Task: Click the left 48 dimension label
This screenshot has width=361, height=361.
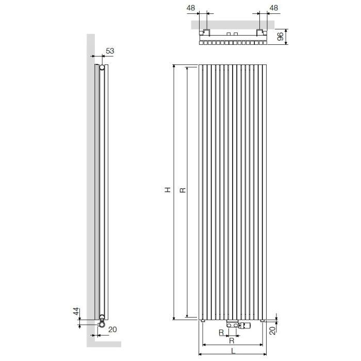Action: click(191, 8)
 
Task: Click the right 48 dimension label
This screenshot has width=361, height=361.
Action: click(273, 8)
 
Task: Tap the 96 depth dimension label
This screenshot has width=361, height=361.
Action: click(281, 37)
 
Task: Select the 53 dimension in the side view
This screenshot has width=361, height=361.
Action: click(110, 51)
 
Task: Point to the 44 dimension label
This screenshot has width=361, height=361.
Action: click(76, 311)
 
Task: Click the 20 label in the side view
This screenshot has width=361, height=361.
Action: click(112, 330)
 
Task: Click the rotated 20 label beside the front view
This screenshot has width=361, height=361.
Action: click(272, 331)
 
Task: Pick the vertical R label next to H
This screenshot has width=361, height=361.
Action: click(183, 190)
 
